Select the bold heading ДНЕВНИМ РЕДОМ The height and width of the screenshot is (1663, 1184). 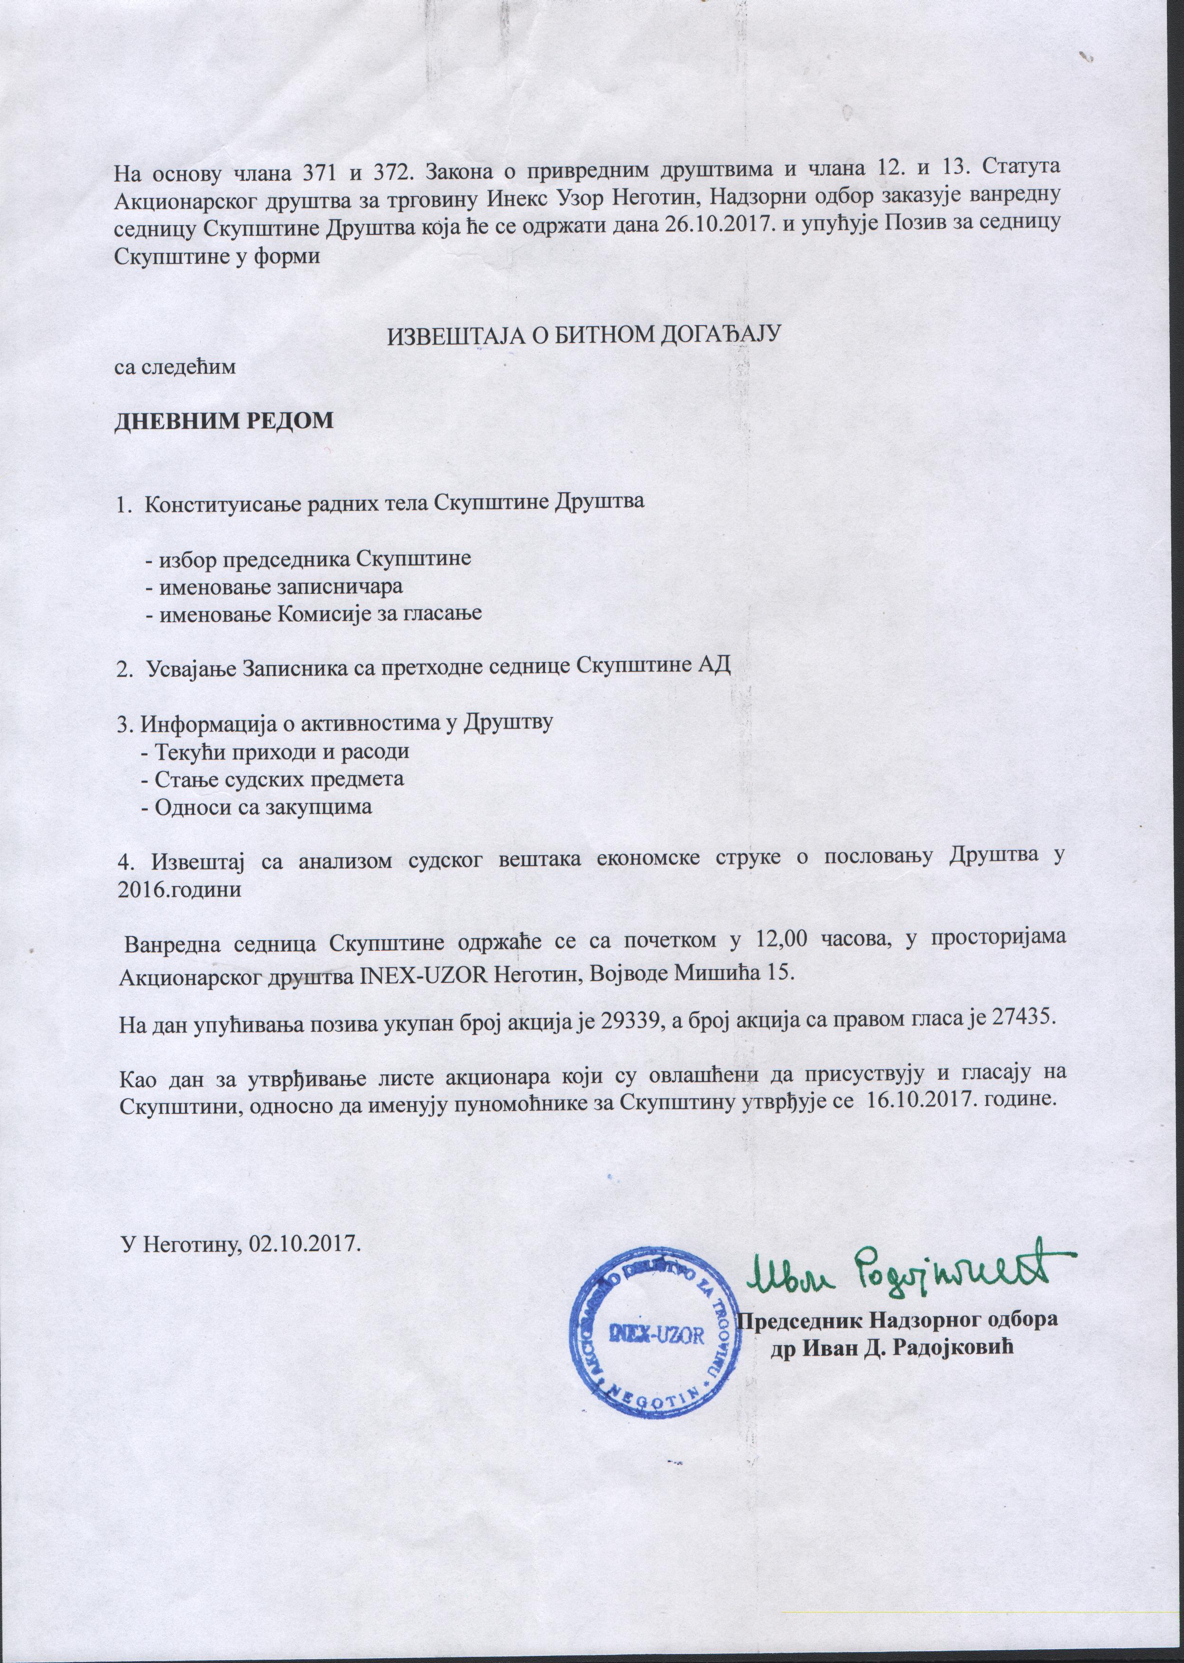[x=224, y=421]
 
